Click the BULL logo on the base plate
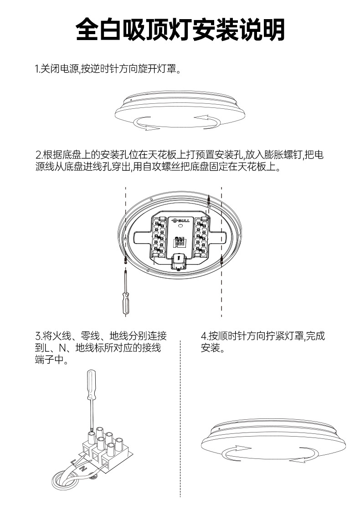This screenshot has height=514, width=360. [180, 221]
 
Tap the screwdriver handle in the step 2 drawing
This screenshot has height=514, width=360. [126, 302]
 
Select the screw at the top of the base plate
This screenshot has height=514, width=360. [208, 199]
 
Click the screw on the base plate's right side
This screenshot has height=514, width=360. [221, 260]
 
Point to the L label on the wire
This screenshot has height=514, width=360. [74, 461]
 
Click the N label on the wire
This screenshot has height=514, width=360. [82, 468]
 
